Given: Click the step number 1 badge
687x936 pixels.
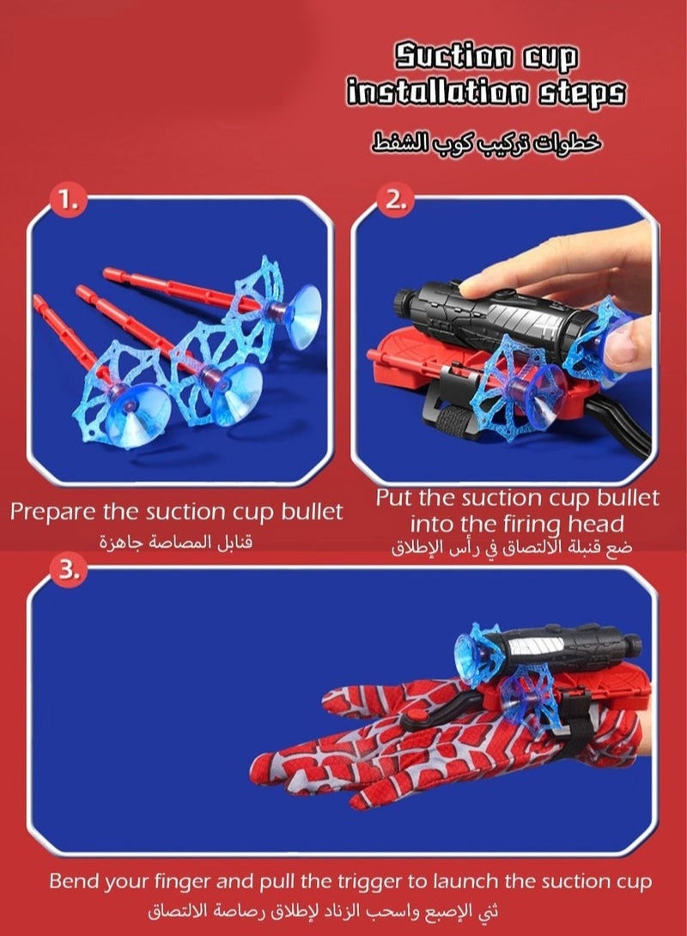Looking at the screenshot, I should pyautogui.click(x=69, y=200).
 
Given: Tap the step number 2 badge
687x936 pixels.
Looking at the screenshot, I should pyautogui.click(x=396, y=201).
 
